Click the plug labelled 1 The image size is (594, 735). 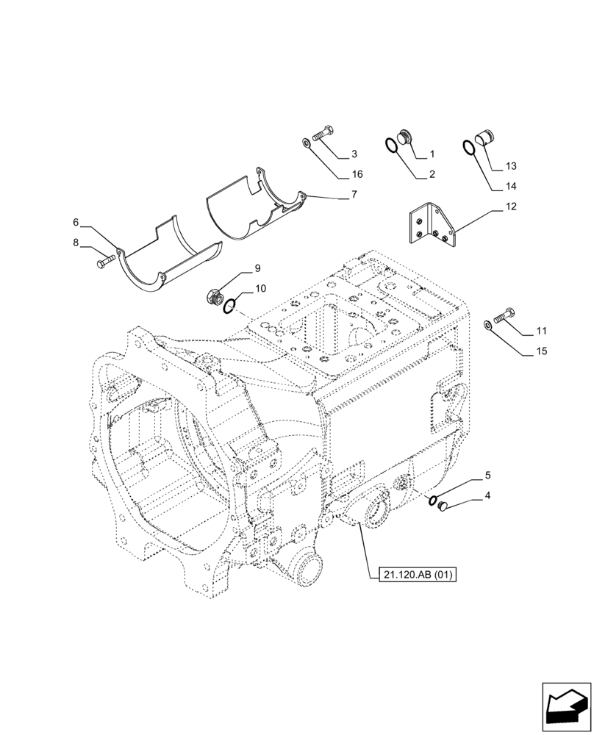pos(402,137)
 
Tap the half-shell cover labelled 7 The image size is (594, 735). pos(254,208)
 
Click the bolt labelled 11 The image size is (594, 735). pos(504,317)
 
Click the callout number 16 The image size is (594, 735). pos(357,174)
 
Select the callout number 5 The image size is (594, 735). pos(487,476)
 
